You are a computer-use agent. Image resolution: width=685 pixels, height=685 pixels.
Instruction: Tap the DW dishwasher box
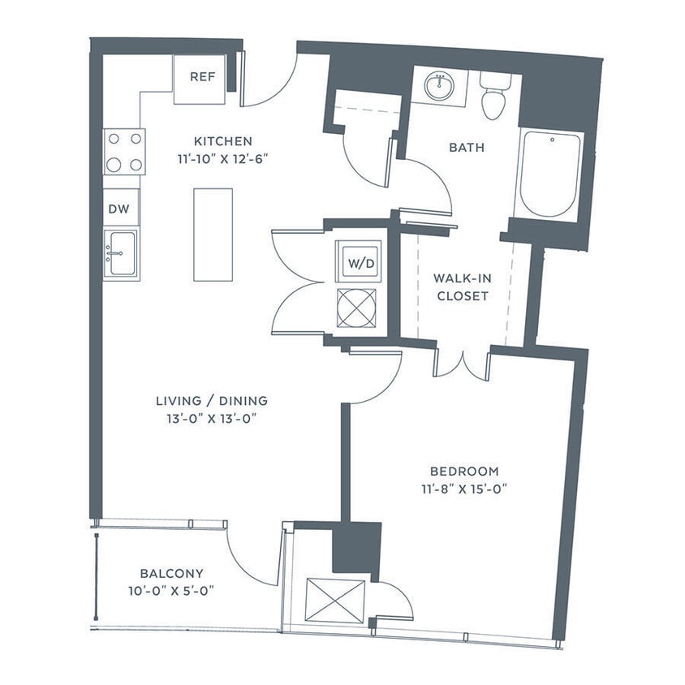pos(120,208)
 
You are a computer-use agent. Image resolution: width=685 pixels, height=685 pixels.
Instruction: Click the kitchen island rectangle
pos(213,235)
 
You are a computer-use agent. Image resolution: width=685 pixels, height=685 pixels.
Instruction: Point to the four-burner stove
pos(124,152)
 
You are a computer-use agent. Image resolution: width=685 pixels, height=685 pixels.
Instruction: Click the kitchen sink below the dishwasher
pos(121,254)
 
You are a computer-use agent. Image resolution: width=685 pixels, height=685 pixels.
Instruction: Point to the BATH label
pos(466,148)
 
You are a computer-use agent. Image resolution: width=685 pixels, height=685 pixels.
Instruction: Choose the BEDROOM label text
pos(464,472)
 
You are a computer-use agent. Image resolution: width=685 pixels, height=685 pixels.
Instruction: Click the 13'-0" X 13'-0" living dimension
pos(212,419)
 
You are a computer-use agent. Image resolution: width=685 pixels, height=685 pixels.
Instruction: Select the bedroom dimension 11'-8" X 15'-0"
pos(464,489)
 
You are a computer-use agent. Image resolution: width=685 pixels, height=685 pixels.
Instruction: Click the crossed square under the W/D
pos(357,309)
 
